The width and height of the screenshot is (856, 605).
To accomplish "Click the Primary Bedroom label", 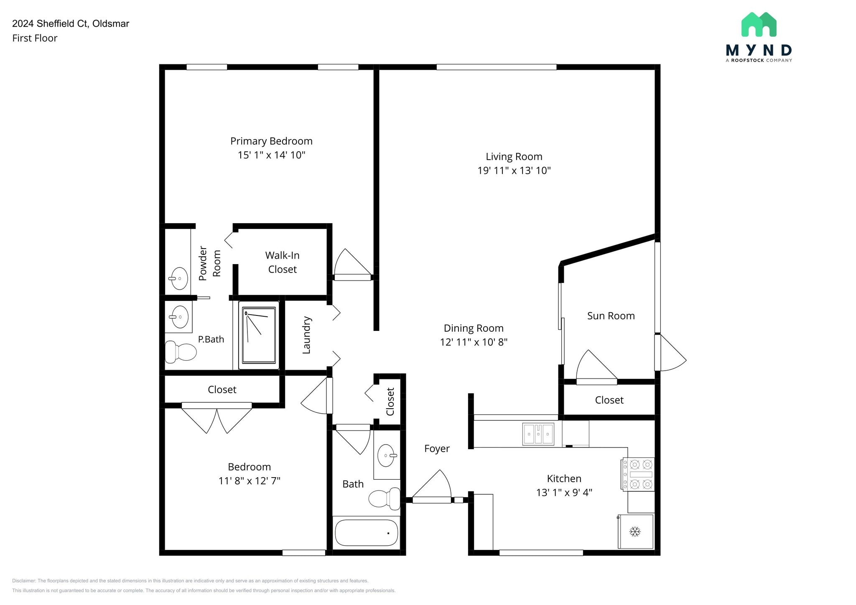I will pyautogui.click(x=271, y=141).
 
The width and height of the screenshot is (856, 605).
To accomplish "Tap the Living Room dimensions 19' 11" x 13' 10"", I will pyautogui.click(x=514, y=170).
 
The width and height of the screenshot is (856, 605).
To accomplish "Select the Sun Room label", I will pyautogui.click(x=611, y=316).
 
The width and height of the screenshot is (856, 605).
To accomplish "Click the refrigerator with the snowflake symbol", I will pyautogui.click(x=635, y=531).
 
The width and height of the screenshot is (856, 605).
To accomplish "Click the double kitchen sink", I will pyautogui.click(x=538, y=434).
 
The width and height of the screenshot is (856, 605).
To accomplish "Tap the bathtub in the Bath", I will pyautogui.click(x=366, y=533).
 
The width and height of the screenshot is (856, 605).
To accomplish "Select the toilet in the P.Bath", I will pyautogui.click(x=181, y=352).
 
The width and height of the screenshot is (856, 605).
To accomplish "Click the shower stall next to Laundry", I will pyautogui.click(x=259, y=335).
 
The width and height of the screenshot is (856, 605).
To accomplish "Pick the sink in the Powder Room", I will pyautogui.click(x=179, y=278).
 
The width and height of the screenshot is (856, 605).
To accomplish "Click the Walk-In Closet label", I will pyautogui.click(x=282, y=262).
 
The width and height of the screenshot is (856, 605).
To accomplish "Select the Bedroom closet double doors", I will pyautogui.click(x=217, y=419).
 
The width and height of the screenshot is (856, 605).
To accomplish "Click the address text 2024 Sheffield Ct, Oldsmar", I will pyautogui.click(x=71, y=23).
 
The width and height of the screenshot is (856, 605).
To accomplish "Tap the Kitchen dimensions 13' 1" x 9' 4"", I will pyautogui.click(x=564, y=493).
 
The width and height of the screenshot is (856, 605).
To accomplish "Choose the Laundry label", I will pyautogui.click(x=306, y=335).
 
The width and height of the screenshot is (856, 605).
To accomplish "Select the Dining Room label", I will pyautogui.click(x=473, y=328).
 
